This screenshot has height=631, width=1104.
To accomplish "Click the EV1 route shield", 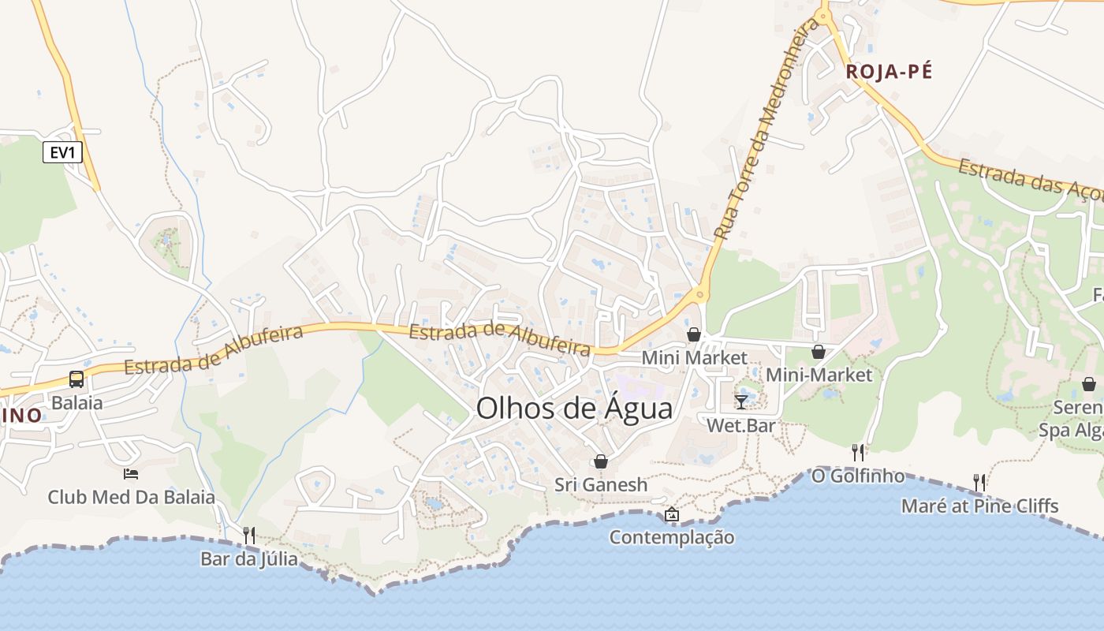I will click(x=62, y=152).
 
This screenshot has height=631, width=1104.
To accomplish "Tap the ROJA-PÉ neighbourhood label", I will click(x=889, y=72).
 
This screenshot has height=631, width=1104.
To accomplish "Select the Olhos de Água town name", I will click(x=575, y=409).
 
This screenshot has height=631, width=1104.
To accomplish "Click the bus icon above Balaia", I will click(x=76, y=379).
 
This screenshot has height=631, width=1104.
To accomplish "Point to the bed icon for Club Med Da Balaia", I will click(x=131, y=473).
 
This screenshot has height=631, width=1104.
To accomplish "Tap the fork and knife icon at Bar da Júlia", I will click(x=248, y=535).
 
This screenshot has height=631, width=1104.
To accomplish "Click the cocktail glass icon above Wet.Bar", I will click(x=740, y=402).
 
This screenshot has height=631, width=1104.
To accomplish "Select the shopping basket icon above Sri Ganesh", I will click(x=601, y=461).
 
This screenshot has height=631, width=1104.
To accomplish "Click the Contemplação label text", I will click(x=671, y=538).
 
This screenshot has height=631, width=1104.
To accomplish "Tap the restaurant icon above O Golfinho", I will click(x=858, y=452).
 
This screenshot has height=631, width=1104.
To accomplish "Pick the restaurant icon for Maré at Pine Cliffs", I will click(x=979, y=481).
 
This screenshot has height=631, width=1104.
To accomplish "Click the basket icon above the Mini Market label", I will click(x=694, y=334).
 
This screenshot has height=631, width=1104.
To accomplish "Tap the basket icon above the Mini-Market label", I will click(x=819, y=352).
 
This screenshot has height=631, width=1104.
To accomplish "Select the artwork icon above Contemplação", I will click(x=671, y=514).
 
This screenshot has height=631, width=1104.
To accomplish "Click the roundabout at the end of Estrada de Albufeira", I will click(x=699, y=296).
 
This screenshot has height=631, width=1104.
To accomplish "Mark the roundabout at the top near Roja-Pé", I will click(x=823, y=15).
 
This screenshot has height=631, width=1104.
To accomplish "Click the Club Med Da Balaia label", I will click(x=131, y=498).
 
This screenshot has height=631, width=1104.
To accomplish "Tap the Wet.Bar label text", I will click(x=740, y=426).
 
